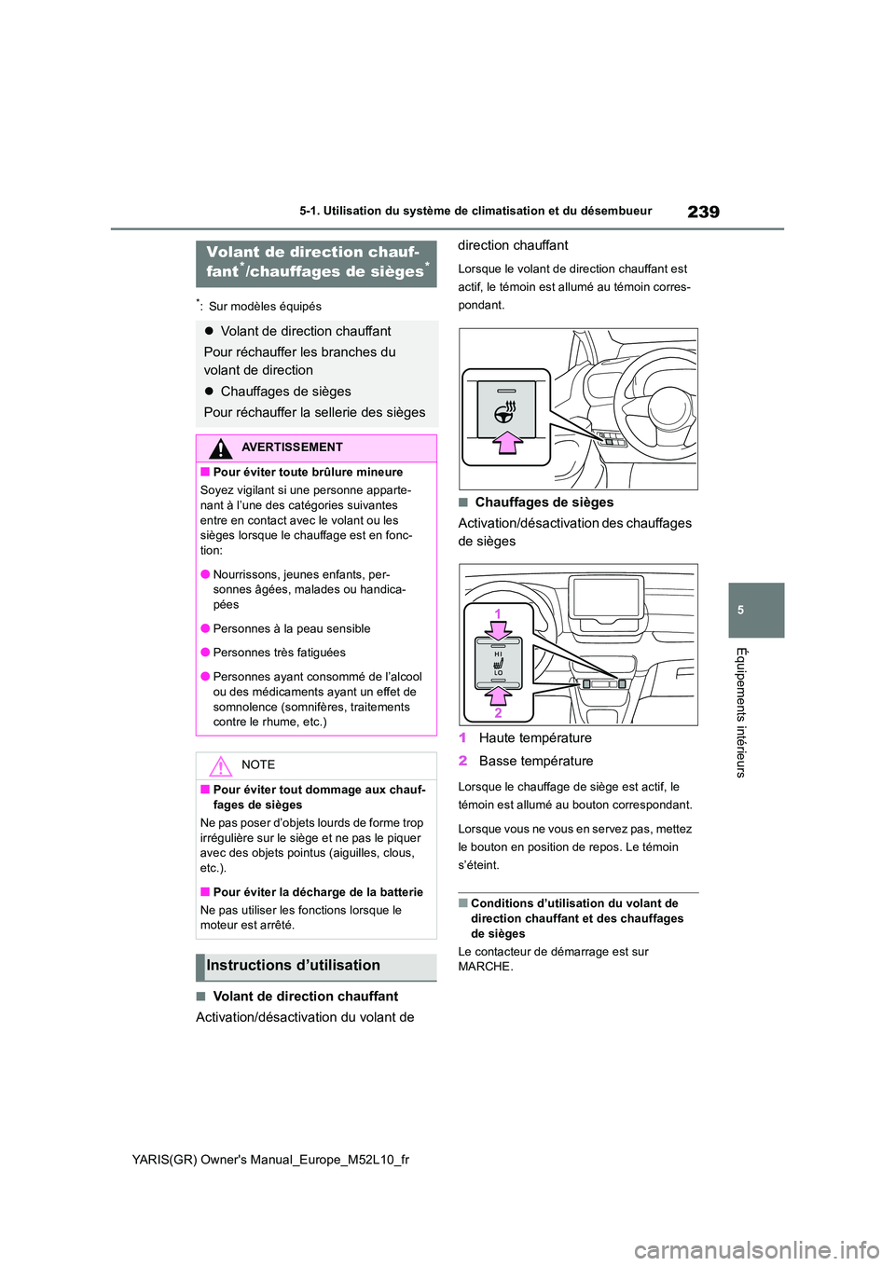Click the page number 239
tap(703, 212)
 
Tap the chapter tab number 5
tap(741, 611)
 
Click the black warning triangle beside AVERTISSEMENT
tap(220, 448)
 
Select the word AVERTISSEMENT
tap(292, 447)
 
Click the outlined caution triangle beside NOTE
tap(220, 766)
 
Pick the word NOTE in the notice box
tap(258, 765)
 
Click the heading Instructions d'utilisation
tap(293, 966)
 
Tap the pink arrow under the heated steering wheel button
tap(507, 441)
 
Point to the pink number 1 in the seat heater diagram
tap(498, 613)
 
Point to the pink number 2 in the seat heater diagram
tap(498, 713)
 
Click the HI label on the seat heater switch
tap(498, 654)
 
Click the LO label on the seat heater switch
tap(498, 673)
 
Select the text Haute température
tap(535, 738)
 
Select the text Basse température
tap(536, 762)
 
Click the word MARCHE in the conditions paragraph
tap(484, 967)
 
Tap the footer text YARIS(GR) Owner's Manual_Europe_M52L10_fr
tap(270, 1160)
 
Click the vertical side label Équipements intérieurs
tap(741, 712)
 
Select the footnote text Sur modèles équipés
tap(265, 307)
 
